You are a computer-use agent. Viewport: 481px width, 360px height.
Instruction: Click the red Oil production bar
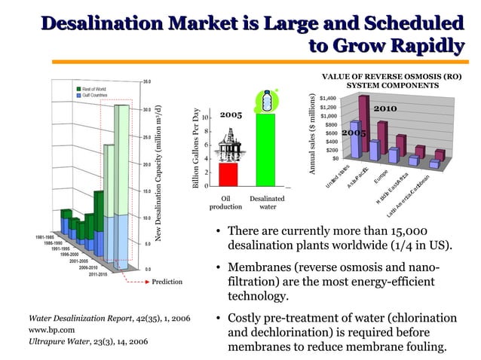(228, 174)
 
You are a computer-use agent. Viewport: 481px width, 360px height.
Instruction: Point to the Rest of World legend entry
(93, 87)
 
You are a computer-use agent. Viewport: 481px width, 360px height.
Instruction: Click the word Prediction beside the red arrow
(168, 282)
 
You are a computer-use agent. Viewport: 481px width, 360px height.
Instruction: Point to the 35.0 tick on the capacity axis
(148, 81)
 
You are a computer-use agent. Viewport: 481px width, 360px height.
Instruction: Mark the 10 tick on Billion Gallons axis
(205, 118)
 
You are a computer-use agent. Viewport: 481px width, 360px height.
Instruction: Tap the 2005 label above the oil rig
(230, 115)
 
